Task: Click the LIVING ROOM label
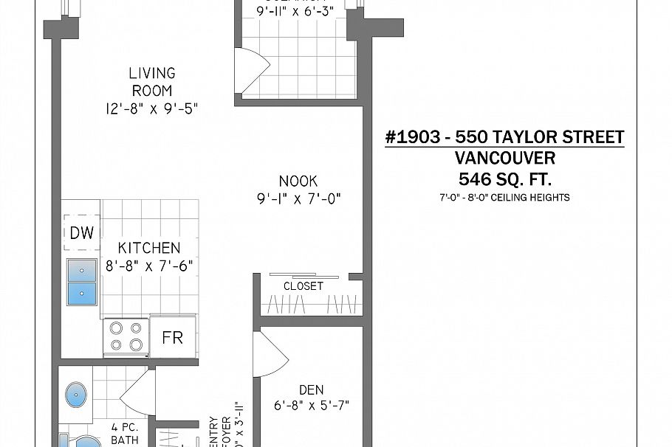[x=152, y=82]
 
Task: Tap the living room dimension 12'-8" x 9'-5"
[x=152, y=109]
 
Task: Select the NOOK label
[x=298, y=181]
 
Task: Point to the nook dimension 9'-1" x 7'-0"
[x=298, y=199]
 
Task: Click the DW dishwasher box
[x=82, y=233]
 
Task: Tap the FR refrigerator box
[x=173, y=338]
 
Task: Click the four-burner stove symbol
[x=126, y=336]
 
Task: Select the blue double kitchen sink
[x=82, y=282]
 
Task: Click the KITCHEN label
[x=150, y=248]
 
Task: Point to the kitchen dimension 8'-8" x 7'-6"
[x=150, y=266]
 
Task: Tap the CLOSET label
[x=304, y=286]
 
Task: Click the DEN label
[x=312, y=389]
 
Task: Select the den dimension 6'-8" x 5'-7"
[x=312, y=405]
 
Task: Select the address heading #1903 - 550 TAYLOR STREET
[x=505, y=137]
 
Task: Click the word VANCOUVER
[x=505, y=158]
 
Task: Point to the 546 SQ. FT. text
[x=505, y=179]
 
